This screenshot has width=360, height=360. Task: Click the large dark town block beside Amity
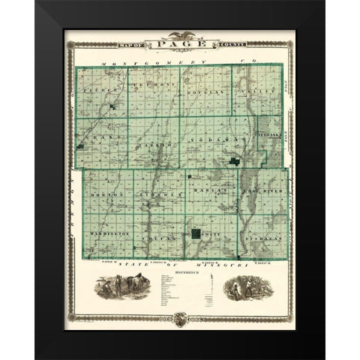pyautogui.click(x=196, y=235)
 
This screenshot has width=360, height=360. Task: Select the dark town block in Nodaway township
pyautogui.click(x=235, y=163)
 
